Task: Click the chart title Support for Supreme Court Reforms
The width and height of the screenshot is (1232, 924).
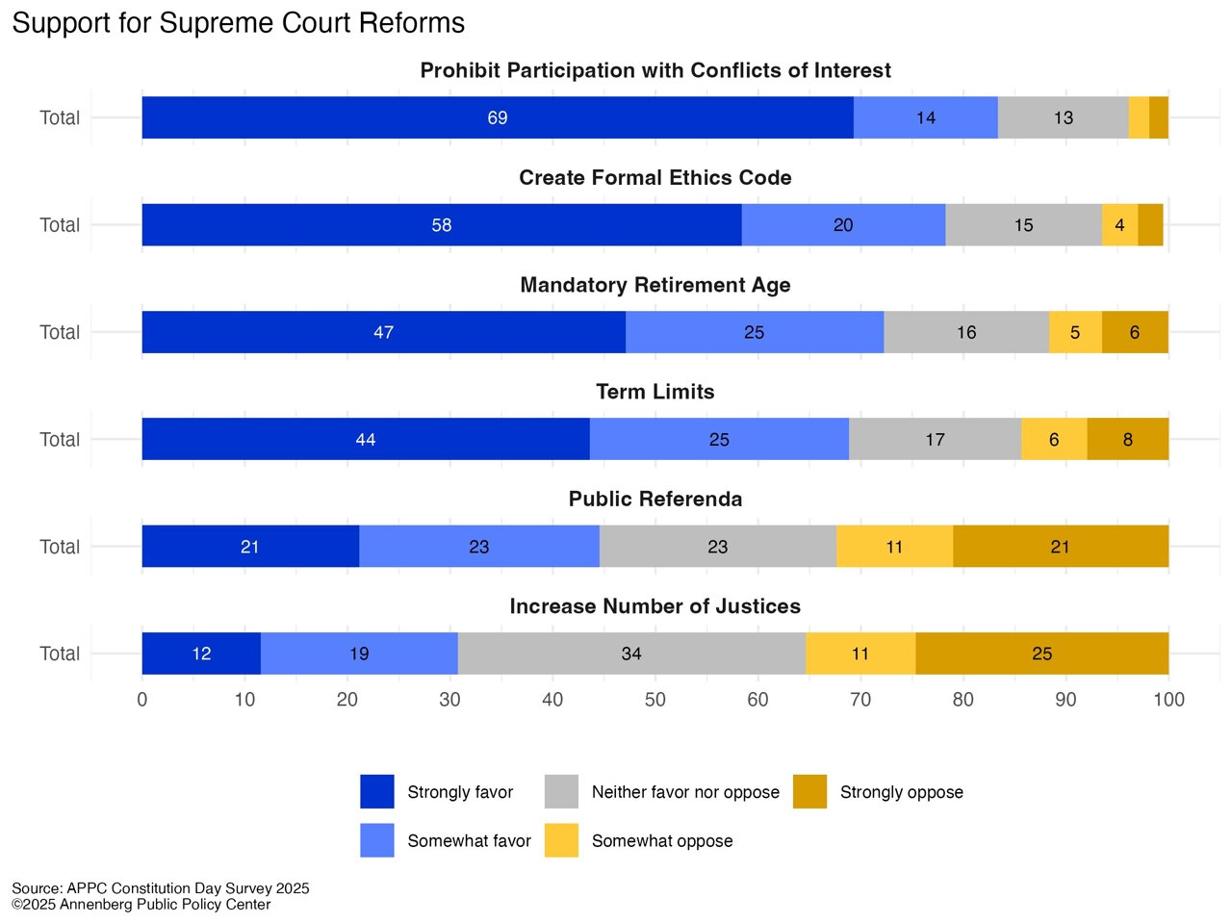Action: (238, 23)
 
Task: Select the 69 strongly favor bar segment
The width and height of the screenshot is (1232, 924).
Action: (498, 117)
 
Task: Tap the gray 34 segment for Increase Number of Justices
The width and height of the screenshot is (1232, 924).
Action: (631, 654)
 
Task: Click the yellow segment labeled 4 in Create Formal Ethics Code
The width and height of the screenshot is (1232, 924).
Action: (1119, 225)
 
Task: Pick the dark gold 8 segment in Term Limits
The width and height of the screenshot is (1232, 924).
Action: (1128, 440)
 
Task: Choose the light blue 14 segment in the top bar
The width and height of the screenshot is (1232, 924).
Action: (925, 117)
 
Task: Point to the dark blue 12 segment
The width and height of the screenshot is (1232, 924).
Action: (201, 654)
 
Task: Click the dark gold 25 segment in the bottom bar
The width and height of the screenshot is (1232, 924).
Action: (1041, 654)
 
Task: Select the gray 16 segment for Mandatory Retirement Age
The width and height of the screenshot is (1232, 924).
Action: (966, 332)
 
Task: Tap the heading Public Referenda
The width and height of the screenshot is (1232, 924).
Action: (654, 499)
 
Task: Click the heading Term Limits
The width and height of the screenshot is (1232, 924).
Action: (654, 392)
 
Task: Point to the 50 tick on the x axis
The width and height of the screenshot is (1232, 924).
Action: (654, 700)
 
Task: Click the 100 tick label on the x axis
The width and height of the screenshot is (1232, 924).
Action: (1168, 700)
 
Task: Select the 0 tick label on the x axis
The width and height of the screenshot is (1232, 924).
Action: (142, 700)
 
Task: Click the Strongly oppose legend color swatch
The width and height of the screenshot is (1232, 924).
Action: (809, 792)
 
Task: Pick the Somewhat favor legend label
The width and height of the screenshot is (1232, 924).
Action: (469, 841)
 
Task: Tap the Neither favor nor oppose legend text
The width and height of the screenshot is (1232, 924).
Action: (685, 792)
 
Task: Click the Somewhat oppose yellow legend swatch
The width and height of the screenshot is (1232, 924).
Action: (561, 840)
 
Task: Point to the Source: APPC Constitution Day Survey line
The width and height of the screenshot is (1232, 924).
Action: (161, 888)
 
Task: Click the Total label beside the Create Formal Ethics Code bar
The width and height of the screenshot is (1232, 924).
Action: (60, 225)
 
